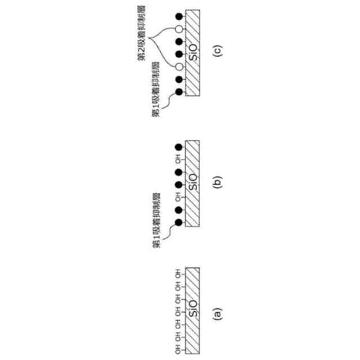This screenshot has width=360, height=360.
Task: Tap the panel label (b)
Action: point(219,182)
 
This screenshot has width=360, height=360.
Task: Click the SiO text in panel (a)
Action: point(192,310)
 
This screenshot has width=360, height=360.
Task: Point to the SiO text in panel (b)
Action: point(192,183)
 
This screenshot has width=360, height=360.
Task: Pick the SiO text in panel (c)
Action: point(192,53)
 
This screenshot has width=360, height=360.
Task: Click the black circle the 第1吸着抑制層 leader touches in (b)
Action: point(179,222)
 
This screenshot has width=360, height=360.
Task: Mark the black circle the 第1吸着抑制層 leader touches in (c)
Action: point(179,92)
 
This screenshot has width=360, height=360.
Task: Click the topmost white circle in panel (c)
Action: point(179,28)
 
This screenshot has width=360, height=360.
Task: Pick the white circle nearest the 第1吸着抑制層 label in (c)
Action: point(179,66)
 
